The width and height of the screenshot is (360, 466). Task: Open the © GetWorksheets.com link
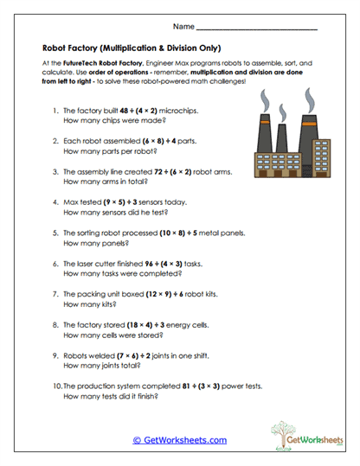[180, 440]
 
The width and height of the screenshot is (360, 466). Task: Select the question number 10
[55, 384]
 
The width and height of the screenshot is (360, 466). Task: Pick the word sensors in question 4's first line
[156, 202]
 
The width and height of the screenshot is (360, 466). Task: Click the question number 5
[56, 233]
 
